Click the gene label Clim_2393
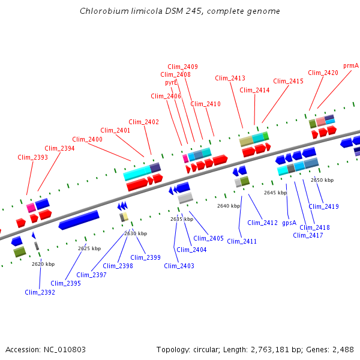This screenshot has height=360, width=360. point(33,157)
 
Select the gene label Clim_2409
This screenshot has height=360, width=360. point(183,67)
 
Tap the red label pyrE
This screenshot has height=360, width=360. point(171,82)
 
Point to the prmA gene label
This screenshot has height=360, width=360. point(351,65)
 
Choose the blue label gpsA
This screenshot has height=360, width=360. point(289,222)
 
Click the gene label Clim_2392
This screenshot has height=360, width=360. point(40,292)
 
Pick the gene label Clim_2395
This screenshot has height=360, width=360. point(65,283)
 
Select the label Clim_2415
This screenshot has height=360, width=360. point(289,81)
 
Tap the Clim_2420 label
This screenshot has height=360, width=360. point(323,73)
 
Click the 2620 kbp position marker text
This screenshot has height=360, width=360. point(43,264)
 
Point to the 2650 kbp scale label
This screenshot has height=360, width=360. point(322,180)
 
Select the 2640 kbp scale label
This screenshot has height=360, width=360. point(229,206)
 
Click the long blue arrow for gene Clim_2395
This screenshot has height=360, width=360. point(79,220)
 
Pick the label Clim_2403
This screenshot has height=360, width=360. point(179,266)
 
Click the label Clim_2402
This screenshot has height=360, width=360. point(144,122)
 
